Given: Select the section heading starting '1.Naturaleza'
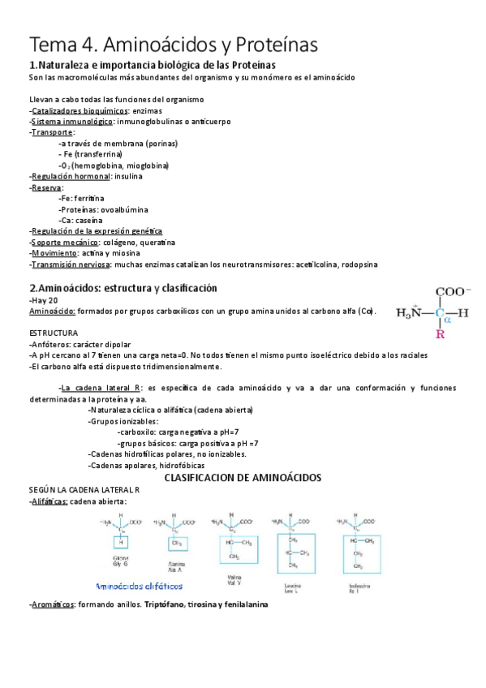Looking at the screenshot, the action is pos(153,65).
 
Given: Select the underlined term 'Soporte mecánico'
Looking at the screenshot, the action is pos(63,242).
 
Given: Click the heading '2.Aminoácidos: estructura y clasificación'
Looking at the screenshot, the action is pos(123,288).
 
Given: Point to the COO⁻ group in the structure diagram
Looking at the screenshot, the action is pos(454,293).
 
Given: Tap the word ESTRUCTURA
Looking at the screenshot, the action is pos(54,333).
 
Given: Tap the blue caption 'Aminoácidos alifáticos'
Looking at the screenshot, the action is pos(139,585).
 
